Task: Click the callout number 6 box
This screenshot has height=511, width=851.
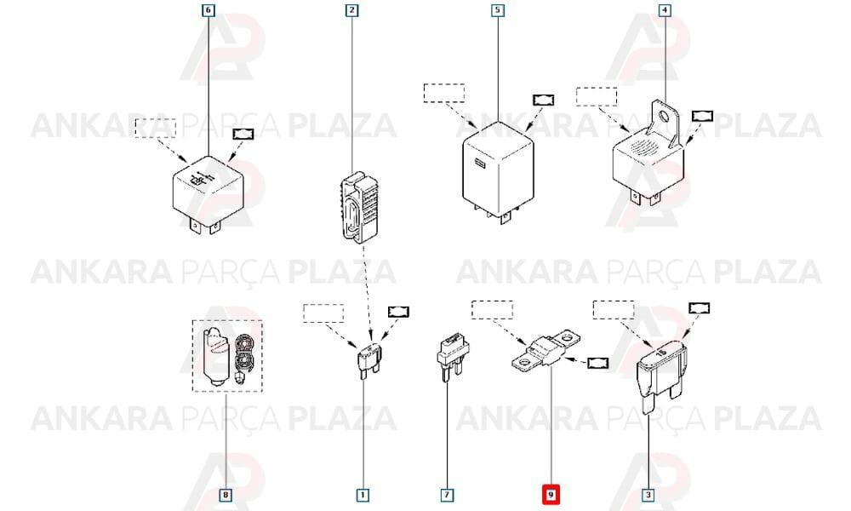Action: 208,10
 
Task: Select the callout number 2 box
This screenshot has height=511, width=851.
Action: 352,10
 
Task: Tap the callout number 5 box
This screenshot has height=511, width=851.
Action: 498,10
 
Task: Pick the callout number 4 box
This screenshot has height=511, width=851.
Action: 665,10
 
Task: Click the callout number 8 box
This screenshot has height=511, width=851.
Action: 226,495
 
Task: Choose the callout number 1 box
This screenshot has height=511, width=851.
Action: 363,495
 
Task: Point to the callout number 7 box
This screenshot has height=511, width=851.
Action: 448,495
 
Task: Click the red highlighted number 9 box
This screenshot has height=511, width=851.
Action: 551,495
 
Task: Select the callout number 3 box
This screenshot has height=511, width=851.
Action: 648,495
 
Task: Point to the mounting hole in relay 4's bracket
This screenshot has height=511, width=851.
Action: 665,116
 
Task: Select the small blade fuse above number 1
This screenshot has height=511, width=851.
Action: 369,360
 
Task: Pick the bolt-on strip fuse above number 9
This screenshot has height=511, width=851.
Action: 546,350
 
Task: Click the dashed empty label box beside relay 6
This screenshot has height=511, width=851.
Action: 155,128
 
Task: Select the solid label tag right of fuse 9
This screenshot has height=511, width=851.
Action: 597,363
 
